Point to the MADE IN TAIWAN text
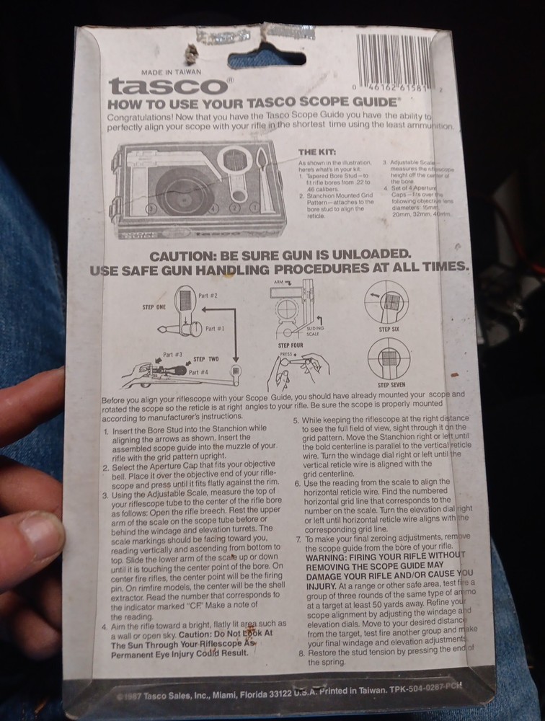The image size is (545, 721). point(171,72)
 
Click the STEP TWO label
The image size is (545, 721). point(205,358)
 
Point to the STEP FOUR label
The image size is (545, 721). point(288,346)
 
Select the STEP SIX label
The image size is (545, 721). point(389,329)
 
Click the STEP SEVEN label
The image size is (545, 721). point(392,385)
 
